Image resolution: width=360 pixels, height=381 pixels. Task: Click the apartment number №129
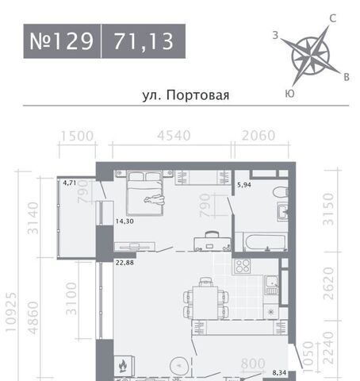tap(61, 41)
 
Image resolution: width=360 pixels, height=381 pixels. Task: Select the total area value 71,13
tap(144, 41)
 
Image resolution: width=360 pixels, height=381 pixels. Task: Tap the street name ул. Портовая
tap(186, 95)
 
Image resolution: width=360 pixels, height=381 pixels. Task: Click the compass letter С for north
tap(333, 18)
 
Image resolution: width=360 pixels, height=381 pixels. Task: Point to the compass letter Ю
tap(289, 94)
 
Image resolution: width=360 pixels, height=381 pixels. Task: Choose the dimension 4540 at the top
tap(174, 136)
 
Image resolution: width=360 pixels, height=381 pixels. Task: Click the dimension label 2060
tap(259, 136)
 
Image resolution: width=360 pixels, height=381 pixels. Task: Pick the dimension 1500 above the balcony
tap(77, 136)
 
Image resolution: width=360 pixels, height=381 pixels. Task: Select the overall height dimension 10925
tap(11, 312)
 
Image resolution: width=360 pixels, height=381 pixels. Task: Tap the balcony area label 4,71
tap(70, 183)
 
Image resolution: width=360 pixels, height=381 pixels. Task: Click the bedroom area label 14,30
tap(124, 221)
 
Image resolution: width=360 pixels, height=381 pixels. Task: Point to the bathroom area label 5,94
tap(244, 185)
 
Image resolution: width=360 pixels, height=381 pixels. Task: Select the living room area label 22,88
tap(124, 263)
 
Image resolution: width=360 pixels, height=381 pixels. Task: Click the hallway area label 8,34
tap(279, 373)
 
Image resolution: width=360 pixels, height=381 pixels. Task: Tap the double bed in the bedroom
tap(144, 193)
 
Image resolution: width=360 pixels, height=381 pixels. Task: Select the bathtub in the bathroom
tap(265, 242)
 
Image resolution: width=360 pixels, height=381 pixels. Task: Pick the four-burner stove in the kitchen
tap(243, 266)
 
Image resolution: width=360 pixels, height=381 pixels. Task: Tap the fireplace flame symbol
tap(123, 366)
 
